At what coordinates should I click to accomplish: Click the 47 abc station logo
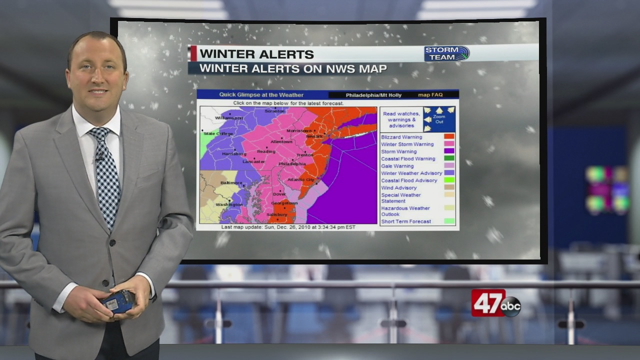495,303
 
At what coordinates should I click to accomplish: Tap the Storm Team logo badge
447,53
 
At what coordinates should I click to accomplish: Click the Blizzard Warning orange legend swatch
449,136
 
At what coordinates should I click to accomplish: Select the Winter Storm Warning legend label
407,144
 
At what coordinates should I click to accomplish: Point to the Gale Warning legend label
397,166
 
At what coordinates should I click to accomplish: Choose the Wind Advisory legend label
398,188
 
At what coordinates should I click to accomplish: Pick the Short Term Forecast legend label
405,221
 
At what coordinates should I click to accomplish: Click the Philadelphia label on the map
292,163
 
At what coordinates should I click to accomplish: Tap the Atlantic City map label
301,179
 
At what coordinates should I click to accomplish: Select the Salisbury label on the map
276,214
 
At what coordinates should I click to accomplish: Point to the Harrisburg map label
234,153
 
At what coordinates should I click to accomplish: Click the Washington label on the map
229,204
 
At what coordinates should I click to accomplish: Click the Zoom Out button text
439,119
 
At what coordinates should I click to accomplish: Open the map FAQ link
430,95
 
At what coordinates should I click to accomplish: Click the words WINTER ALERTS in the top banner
256,54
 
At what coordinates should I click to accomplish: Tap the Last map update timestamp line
288,227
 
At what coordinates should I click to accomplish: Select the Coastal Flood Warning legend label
408,159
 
